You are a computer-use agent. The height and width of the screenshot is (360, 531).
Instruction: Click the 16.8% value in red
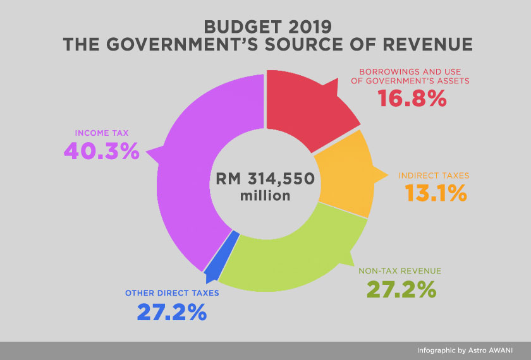click(412, 99)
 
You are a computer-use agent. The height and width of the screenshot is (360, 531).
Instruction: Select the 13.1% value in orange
click(432, 193)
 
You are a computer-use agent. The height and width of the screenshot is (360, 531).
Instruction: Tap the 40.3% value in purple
click(101, 151)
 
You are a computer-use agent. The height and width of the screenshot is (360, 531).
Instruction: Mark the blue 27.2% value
click(172, 311)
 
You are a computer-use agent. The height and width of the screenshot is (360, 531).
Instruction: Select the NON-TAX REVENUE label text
click(400, 271)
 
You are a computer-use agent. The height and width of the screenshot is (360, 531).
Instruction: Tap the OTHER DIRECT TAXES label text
click(172, 293)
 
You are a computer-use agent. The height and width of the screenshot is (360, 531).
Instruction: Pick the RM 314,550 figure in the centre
click(265, 178)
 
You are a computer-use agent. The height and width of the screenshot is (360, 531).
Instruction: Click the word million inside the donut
click(265, 196)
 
